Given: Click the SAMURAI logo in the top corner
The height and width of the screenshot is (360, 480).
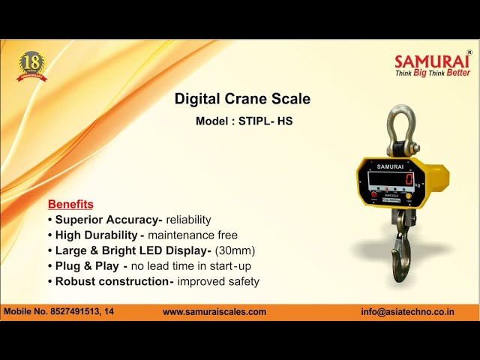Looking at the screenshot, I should [x=432, y=61].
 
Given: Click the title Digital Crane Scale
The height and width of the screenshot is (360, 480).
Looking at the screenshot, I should [x=242, y=99].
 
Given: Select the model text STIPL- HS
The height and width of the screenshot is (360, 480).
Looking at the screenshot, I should [x=265, y=120].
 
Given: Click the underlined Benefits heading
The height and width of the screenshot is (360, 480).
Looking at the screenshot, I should [x=70, y=204].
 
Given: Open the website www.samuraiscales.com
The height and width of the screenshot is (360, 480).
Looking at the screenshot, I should [x=214, y=311].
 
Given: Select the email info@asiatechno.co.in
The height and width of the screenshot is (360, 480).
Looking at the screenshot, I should [x=417, y=311].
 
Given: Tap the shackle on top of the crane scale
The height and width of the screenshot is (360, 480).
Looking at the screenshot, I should [x=400, y=127].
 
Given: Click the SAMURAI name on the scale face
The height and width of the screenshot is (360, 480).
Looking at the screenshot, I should [x=390, y=166].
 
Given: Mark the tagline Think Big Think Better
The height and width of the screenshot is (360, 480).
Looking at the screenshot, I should [x=433, y=73].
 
